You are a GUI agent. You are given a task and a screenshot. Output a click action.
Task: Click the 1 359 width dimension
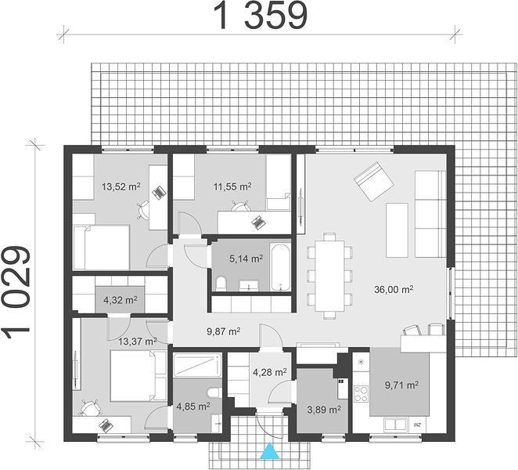coord(261,15)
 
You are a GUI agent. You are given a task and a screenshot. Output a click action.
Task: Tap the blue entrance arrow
coord(270,451)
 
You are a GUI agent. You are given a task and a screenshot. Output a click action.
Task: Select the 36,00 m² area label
coord(394,289)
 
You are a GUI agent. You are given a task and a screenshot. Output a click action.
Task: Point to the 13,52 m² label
coord(121,186)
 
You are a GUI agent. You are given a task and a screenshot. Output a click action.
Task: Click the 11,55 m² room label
coord(232,186)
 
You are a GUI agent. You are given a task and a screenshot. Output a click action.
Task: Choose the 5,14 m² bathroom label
coord(246,258)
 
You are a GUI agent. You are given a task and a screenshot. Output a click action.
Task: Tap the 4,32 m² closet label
coord(121,300)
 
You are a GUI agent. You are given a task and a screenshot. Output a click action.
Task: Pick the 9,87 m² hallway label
coord(223,331)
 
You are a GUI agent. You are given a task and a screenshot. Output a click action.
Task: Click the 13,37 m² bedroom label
coord(138,341)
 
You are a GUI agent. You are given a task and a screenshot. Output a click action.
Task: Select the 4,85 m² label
coord(193,407)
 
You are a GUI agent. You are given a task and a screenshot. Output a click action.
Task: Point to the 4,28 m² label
coord(270,372)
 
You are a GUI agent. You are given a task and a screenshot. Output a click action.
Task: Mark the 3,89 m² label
coord(324,410)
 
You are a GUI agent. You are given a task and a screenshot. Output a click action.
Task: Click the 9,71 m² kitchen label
coord(402,385)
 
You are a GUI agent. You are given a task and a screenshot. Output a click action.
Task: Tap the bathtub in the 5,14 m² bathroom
coord(280,268)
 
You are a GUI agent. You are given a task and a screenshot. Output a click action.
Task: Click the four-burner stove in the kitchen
coord(361,393)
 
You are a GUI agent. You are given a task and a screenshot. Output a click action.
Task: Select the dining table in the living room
coord(329,276)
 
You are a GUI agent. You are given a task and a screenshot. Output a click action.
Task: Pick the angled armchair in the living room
coord(374,181)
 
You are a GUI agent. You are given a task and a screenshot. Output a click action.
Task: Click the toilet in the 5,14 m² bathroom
coord(221,284)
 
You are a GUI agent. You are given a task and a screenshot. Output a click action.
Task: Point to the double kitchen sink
coord(395,425)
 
